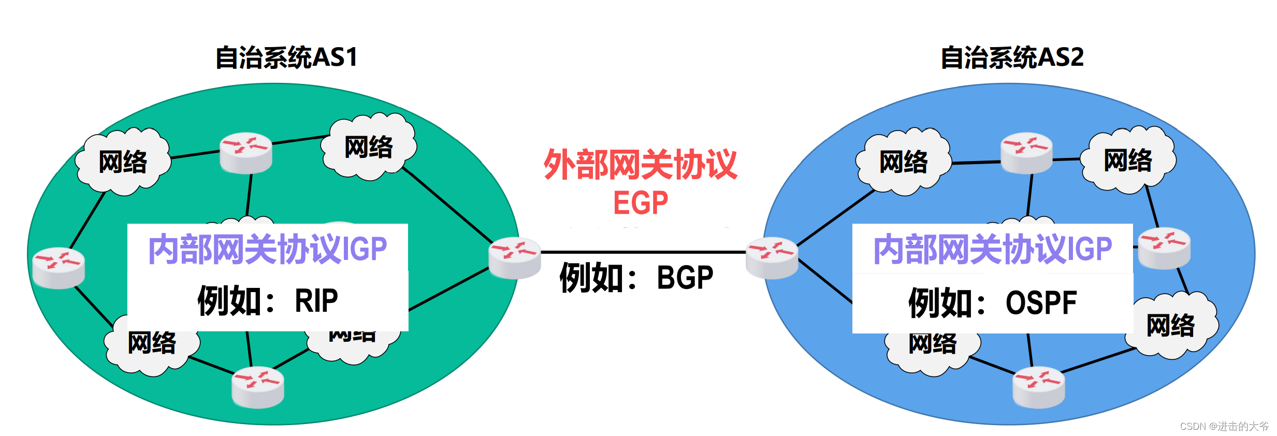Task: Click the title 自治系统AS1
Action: (x=286, y=57)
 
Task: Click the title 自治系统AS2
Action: (x=1012, y=57)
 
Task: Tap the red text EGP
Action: (x=641, y=202)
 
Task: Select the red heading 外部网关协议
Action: (x=641, y=165)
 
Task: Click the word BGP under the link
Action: (x=685, y=278)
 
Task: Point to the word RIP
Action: (x=316, y=300)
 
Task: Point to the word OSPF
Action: (x=1041, y=303)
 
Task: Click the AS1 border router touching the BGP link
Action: (x=515, y=257)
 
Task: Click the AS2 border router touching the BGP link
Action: (x=772, y=257)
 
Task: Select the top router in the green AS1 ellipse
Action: (x=246, y=153)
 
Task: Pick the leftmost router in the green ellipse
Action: (x=59, y=267)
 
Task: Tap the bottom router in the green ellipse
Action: (x=258, y=387)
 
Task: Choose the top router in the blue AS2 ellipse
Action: (x=1026, y=153)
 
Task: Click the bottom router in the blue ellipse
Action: (x=1039, y=387)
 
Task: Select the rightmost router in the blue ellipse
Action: (x=1164, y=248)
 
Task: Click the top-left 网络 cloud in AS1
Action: (x=123, y=162)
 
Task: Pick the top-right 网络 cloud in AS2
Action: (x=1128, y=160)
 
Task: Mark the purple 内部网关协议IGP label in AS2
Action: (x=992, y=249)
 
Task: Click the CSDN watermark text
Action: (x=1224, y=426)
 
